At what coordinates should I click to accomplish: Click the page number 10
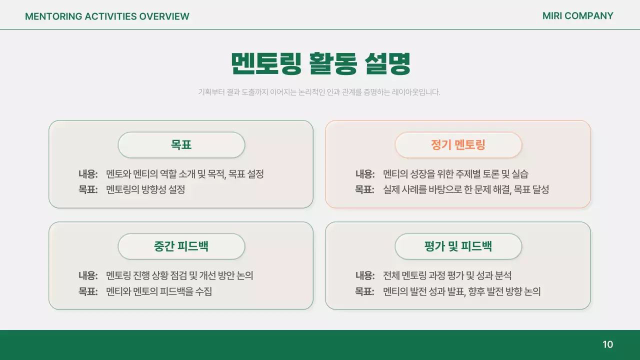[607, 344]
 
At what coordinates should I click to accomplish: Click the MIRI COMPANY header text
[577, 16]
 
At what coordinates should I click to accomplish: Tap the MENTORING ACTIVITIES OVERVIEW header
[107, 16]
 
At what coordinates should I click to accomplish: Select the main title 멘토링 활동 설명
[320, 63]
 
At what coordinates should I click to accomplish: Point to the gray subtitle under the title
[319, 92]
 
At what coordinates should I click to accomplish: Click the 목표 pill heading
[181, 145]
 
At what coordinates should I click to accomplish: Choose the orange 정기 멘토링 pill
[458, 145]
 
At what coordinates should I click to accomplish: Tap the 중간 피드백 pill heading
[181, 246]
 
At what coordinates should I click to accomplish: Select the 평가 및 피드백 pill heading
[458, 246]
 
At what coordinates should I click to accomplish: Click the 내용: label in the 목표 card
[88, 174]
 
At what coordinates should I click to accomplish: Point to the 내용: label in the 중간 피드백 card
[88, 275]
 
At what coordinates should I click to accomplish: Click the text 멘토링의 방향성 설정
[145, 189]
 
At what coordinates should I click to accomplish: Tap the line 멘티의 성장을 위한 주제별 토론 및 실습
[455, 174]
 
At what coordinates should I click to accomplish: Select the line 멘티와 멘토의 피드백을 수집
[159, 291]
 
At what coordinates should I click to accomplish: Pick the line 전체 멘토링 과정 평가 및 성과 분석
[447, 275]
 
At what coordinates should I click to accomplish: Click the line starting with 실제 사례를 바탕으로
[466, 189]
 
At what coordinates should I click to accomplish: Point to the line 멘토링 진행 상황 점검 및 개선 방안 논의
[179, 275]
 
